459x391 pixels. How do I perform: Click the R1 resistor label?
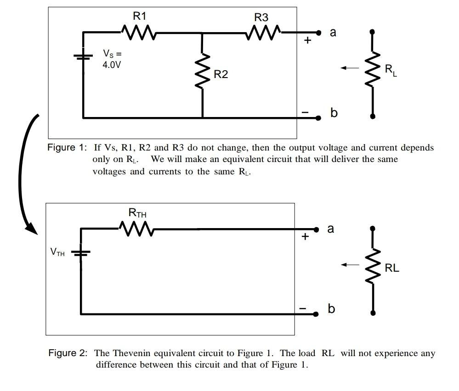[x=140, y=17]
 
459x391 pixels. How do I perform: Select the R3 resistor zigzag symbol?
[x=264, y=33]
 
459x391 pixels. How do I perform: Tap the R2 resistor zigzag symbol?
[x=203, y=70]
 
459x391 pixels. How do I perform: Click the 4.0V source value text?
[x=112, y=65]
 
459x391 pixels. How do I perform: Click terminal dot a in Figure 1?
[x=317, y=33]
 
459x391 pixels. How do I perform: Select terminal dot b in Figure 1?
[x=317, y=118]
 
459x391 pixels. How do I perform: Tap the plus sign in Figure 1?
[x=307, y=40]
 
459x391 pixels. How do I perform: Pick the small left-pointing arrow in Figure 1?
[x=349, y=68]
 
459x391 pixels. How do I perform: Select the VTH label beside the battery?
[x=57, y=252]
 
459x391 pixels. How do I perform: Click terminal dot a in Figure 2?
[x=316, y=229]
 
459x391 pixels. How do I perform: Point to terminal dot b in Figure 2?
[x=316, y=314]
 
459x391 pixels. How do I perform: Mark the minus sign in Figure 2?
[x=303, y=308]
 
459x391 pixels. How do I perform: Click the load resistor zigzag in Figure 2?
[x=373, y=267]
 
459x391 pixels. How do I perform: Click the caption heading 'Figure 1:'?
[x=67, y=148]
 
